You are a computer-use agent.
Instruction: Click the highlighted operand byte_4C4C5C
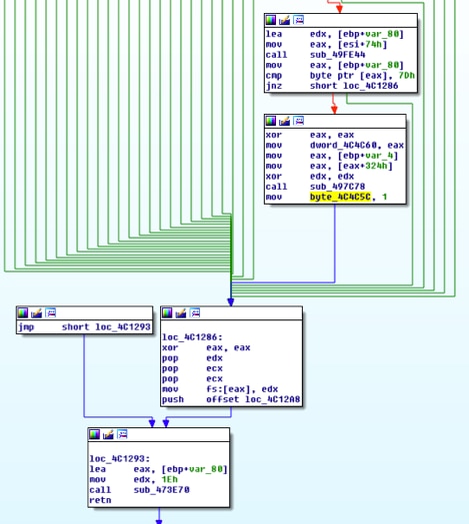pyautogui.click(x=340, y=197)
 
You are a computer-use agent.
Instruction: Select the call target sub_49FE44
pyautogui.click(x=337, y=55)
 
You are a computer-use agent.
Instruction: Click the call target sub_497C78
pyautogui.click(x=337, y=186)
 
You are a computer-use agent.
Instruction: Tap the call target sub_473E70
pyautogui.click(x=161, y=490)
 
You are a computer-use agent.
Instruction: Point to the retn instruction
pyautogui.click(x=100, y=500)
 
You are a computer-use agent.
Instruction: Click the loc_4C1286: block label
pyautogui.click(x=192, y=337)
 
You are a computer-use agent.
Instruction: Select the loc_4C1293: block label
pyautogui.click(x=120, y=458)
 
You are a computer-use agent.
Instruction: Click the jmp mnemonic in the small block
pyautogui.click(x=26, y=326)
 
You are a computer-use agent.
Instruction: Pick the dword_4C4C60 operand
pyautogui.click(x=343, y=145)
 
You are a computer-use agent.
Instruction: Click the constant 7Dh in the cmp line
pyautogui.click(x=406, y=75)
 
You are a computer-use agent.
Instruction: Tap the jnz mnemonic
pyautogui.click(x=273, y=86)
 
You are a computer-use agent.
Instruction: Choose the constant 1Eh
pyautogui.click(x=169, y=479)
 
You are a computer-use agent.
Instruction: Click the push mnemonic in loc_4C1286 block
pyautogui.click(x=173, y=399)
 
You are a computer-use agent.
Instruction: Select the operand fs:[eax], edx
pyautogui.click(x=242, y=389)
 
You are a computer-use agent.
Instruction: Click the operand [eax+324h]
pyautogui.click(x=365, y=166)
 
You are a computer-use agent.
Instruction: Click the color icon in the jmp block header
pyautogui.click(x=23, y=313)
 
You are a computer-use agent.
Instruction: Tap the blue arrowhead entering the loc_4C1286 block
pyautogui.click(x=231, y=302)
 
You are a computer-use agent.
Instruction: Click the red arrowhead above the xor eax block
pyautogui.click(x=334, y=110)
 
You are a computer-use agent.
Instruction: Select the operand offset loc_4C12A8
pyautogui.click(x=253, y=399)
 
